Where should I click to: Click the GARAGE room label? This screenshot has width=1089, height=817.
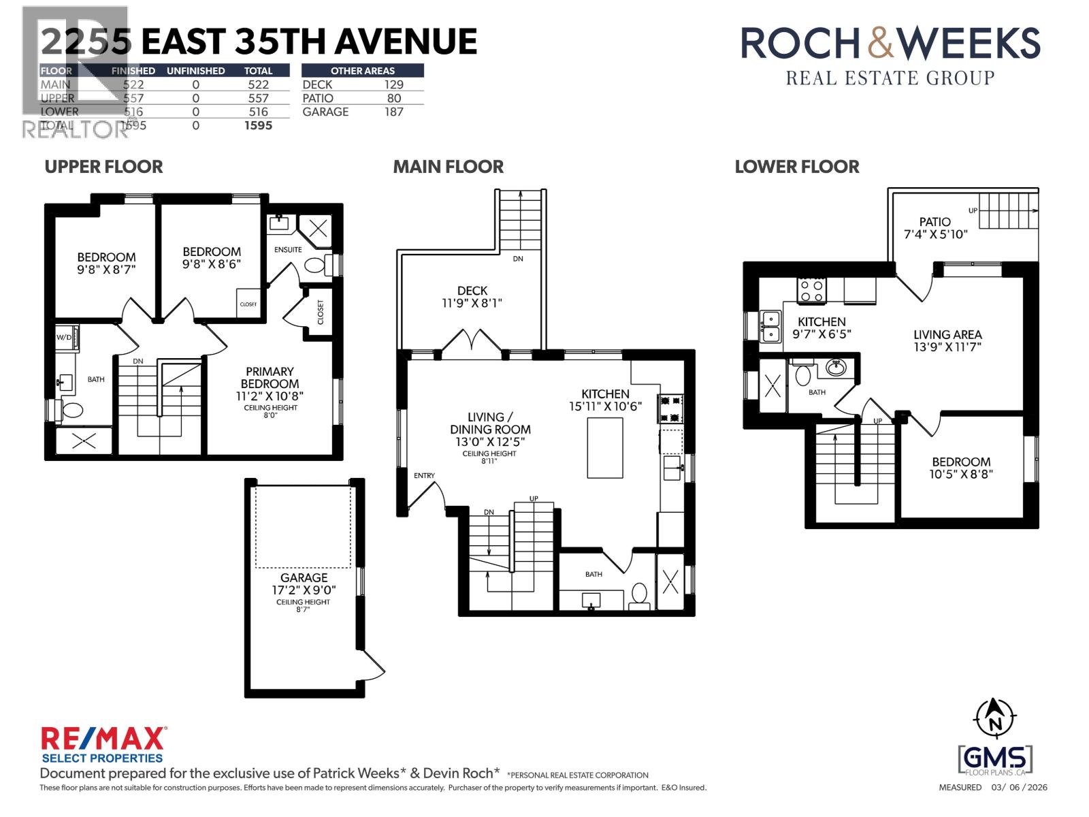304,577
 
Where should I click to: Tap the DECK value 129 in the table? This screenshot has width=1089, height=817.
393,84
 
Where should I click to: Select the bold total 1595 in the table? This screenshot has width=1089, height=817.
258,125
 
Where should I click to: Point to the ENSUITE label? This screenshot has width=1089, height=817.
288,249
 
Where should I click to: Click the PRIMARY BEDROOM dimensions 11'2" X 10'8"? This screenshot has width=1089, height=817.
270,396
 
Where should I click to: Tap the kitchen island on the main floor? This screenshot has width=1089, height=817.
605,447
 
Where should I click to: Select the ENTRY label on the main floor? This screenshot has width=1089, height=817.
424,475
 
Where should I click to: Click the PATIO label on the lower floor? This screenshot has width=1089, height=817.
934,222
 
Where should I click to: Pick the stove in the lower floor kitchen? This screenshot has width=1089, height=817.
812,291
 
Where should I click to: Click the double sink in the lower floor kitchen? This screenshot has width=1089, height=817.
770,326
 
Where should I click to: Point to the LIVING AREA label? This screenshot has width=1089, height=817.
947,334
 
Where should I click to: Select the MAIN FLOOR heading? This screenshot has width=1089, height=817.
449,167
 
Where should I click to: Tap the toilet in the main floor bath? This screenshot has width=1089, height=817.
639,594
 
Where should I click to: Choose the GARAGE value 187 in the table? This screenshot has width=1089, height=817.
393,112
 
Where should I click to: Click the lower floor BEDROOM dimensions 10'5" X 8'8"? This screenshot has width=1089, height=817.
962,474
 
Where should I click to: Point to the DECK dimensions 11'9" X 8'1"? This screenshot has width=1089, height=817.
472,303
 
